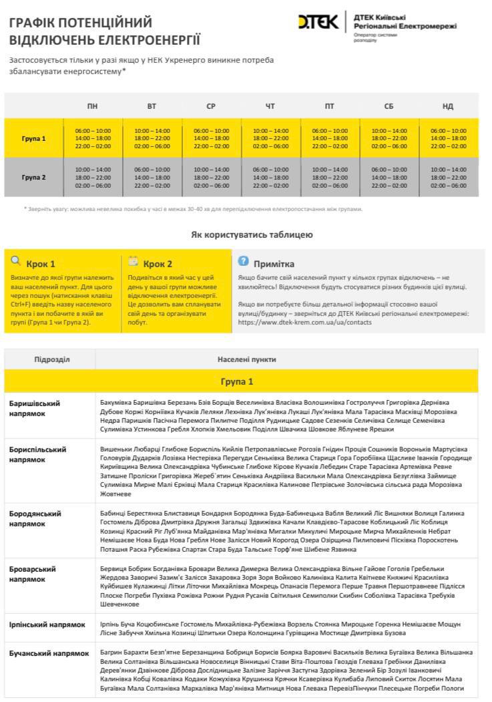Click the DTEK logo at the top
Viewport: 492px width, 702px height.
(x=319, y=23)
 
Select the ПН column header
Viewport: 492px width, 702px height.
(x=92, y=106)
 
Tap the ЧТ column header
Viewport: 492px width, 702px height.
(x=270, y=106)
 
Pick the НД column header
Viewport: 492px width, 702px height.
(x=448, y=106)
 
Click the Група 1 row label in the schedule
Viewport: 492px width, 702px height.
(x=34, y=139)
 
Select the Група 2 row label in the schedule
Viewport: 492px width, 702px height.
(x=34, y=178)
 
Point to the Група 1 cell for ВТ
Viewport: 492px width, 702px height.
(x=152, y=138)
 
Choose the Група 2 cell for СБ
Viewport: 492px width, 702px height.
(x=389, y=178)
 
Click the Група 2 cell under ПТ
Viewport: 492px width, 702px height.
(x=330, y=178)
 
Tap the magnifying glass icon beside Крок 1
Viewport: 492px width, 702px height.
(x=16, y=261)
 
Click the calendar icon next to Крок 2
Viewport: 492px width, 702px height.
(x=133, y=261)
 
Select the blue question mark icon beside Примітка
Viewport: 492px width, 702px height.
(x=244, y=261)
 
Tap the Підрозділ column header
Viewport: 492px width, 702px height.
(x=52, y=359)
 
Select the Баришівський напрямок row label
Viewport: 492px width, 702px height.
(x=35, y=409)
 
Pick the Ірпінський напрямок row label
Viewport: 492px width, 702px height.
(x=47, y=625)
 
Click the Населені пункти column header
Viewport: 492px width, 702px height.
(x=246, y=359)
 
